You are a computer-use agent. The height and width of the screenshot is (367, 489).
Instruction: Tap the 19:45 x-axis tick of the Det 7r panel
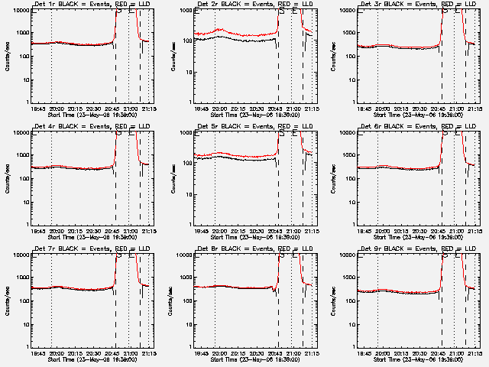tap(37, 353)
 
